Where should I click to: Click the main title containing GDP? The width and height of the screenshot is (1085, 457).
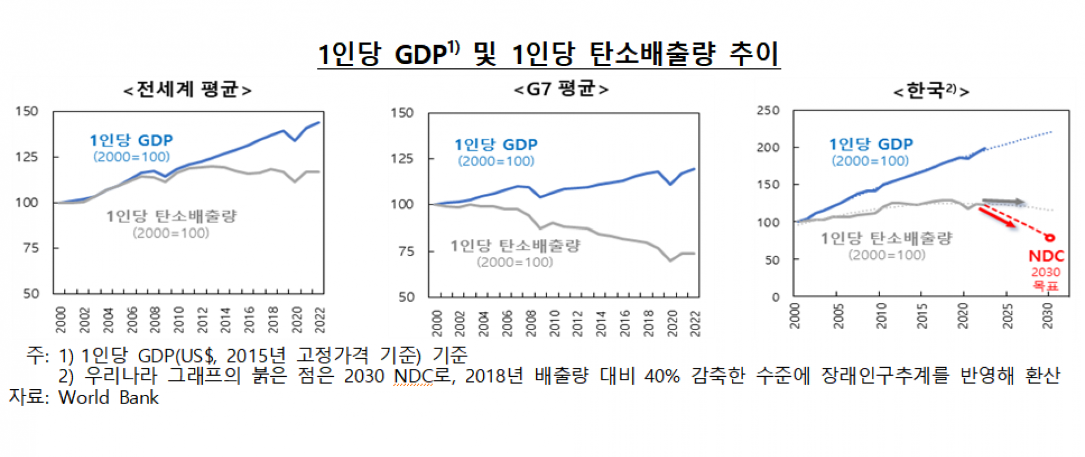(x=548, y=54)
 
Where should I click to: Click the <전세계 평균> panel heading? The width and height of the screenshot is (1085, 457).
(x=187, y=89)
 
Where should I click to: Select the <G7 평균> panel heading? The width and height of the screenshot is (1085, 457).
(x=561, y=89)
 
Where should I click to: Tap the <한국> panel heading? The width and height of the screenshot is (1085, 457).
(x=931, y=90)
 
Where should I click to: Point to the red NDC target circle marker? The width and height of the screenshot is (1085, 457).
(x=1050, y=238)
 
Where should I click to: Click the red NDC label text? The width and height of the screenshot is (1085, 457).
(x=1046, y=256)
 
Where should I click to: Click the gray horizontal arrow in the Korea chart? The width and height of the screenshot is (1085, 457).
(x=1004, y=202)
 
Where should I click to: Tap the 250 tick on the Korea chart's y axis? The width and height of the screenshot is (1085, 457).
(x=768, y=111)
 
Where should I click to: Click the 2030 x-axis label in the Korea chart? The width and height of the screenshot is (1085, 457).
(x=1047, y=316)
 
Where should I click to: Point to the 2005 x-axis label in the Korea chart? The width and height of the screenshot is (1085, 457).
(x=838, y=316)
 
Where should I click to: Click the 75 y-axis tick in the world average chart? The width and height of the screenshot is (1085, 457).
(x=31, y=248)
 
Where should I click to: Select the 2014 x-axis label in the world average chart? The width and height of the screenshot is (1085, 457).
(x=225, y=320)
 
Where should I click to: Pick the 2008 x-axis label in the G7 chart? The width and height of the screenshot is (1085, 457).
(x=531, y=323)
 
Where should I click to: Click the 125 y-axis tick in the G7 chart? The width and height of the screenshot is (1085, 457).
(x=402, y=159)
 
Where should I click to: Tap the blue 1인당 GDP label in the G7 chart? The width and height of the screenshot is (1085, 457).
(x=496, y=145)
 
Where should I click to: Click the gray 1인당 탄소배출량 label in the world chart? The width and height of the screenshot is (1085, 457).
(x=171, y=216)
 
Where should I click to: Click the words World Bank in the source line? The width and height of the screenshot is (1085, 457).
(x=108, y=398)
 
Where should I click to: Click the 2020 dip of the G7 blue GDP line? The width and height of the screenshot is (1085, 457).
(x=671, y=184)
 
